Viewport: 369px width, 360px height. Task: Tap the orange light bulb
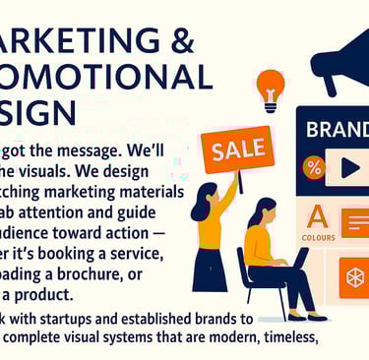click(x=270, y=86)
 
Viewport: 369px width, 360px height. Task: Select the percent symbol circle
click(x=314, y=166)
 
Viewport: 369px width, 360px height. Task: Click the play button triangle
click(x=349, y=167)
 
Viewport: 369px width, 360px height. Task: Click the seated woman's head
click(x=261, y=211)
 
